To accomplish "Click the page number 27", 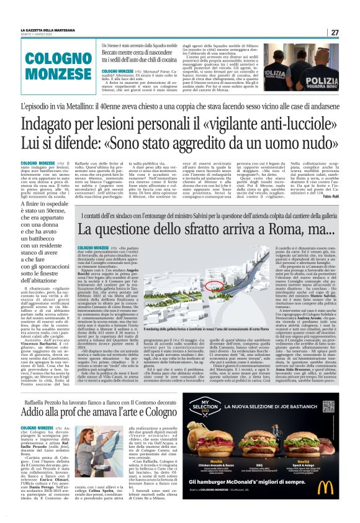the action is (335, 32).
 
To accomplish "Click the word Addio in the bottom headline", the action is (35, 394).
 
